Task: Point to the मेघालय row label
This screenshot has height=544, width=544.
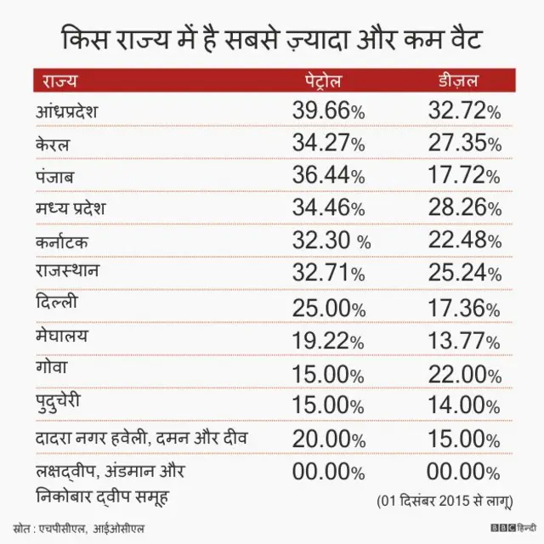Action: tap(61, 337)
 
